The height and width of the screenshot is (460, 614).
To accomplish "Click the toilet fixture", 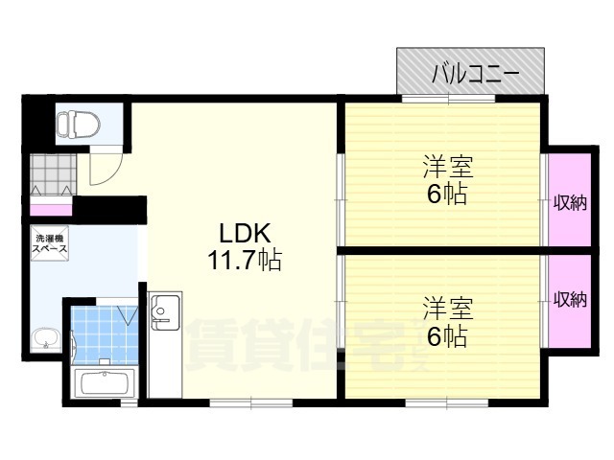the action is click(79, 124).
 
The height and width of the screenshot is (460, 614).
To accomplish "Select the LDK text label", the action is click(245, 234).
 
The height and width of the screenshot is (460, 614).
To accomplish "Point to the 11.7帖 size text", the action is click(245, 260).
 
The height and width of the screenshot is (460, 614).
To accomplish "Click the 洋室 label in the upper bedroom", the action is click(448, 167).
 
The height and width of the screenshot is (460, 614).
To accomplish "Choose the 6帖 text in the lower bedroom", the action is click(447, 336).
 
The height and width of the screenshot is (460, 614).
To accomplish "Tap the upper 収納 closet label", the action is click(570, 202).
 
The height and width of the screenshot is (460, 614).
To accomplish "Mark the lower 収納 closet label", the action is click(570, 300).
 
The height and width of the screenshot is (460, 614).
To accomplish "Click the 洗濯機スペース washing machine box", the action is click(50, 242).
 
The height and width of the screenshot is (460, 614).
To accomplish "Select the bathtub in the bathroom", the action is click(105, 382).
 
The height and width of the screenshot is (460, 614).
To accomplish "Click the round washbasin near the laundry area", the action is click(46, 339).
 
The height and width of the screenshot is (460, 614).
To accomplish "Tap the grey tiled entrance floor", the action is click(54, 174).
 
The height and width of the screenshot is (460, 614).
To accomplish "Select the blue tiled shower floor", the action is click(105, 335).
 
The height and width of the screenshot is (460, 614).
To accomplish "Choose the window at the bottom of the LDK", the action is click(251, 402).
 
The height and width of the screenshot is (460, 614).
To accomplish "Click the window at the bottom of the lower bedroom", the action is click(447, 402).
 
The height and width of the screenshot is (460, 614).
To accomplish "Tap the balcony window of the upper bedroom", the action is click(448, 98).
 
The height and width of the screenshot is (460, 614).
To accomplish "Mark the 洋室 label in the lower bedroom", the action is click(448, 309).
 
